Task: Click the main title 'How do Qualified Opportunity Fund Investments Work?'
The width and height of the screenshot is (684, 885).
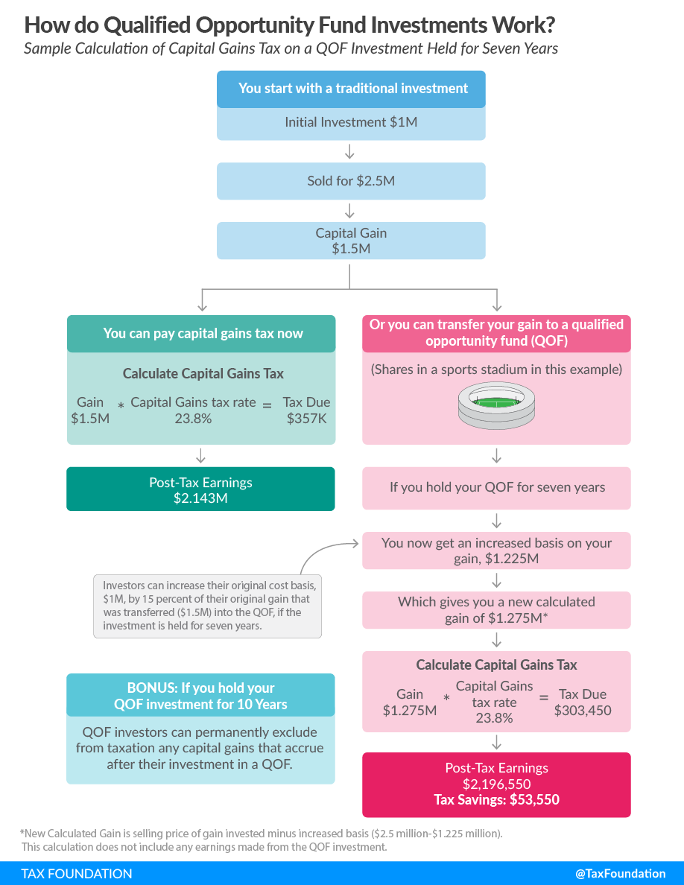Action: point(289,25)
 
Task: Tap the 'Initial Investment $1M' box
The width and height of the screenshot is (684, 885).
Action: point(351,122)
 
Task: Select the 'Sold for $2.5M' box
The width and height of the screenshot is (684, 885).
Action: point(351,181)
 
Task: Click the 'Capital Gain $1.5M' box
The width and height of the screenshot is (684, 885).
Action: point(351,241)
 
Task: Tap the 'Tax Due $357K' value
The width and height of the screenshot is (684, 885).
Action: point(306,410)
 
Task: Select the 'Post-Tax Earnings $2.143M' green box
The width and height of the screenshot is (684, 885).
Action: point(200,489)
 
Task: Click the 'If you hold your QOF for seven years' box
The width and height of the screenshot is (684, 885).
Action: point(497,488)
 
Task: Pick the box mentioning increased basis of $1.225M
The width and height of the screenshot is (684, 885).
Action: point(497,551)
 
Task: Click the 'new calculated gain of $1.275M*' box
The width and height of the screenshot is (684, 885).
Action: point(497,610)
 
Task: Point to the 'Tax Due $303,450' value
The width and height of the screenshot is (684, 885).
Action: point(583,702)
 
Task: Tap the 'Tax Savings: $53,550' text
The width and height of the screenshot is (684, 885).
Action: point(497,800)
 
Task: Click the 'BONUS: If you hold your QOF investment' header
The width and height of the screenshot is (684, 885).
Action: point(200,696)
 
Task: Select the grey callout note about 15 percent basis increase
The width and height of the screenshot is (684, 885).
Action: point(207,606)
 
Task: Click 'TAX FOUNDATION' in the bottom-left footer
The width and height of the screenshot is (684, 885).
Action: point(77,873)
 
